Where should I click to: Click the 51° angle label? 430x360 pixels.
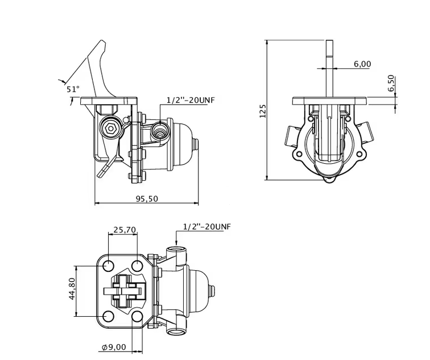click(x=72, y=89)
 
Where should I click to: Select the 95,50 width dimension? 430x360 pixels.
click(x=147, y=198)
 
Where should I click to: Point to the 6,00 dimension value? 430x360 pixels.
click(x=362, y=64)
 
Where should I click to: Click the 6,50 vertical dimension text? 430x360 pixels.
click(x=391, y=83)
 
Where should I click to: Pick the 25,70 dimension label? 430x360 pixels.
click(x=125, y=230)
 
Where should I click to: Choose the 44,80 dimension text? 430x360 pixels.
click(x=72, y=288)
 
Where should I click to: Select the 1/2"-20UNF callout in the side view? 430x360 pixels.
click(x=190, y=100)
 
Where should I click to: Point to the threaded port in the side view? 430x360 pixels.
click(x=161, y=132)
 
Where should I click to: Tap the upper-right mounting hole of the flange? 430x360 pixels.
click(x=137, y=265)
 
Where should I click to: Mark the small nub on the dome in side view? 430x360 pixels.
click(x=197, y=146)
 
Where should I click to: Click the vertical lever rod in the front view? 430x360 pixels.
click(x=330, y=68)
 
